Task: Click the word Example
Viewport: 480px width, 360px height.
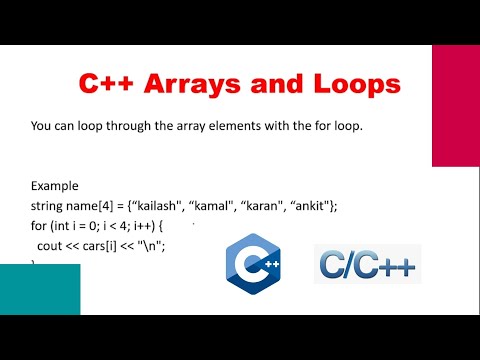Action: tap(55, 186)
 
